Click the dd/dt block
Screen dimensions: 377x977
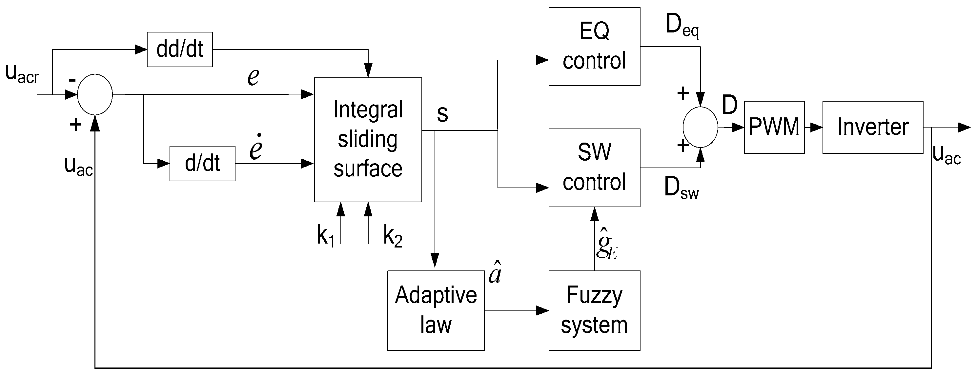pyautogui.click(x=179, y=49)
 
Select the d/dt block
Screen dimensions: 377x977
pyautogui.click(x=202, y=164)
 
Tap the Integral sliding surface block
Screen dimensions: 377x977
pyautogui.click(x=368, y=140)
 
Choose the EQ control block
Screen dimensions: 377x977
pyautogui.click(x=594, y=46)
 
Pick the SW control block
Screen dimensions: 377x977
pyautogui.click(x=594, y=168)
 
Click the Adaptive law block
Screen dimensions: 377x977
pyautogui.click(x=436, y=310)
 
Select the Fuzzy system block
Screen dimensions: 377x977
pyautogui.click(x=594, y=310)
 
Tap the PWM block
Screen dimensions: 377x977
pyautogui.click(x=774, y=127)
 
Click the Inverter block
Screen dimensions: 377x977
pyautogui.click(x=872, y=127)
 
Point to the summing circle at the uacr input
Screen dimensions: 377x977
pyautogui.click(x=95, y=94)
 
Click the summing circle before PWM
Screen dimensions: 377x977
pyautogui.click(x=700, y=127)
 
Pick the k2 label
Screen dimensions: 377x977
pyautogui.click(x=393, y=236)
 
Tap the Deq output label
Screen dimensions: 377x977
pyautogui.click(x=682, y=26)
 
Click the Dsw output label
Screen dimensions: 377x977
pyautogui.click(x=681, y=188)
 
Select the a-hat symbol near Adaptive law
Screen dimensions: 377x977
pyautogui.click(x=495, y=273)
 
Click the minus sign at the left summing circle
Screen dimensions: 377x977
pyautogui.click(x=72, y=80)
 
